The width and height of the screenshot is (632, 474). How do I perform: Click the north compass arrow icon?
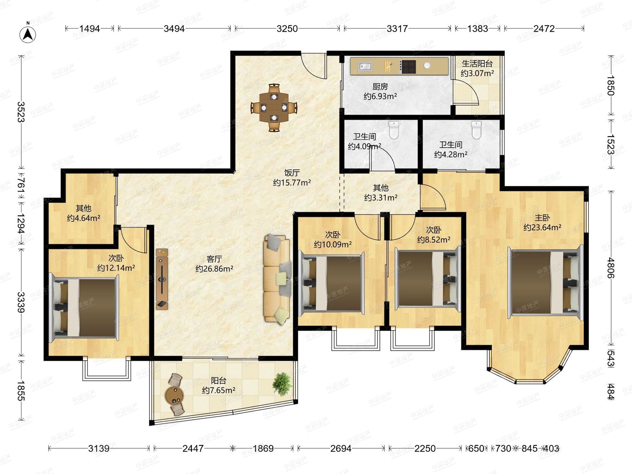28,34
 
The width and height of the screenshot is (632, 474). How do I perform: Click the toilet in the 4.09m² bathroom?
394,130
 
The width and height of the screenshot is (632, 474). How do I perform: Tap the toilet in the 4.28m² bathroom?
476,130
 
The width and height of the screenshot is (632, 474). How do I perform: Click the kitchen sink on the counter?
365,66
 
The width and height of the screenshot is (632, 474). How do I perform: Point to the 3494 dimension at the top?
174,28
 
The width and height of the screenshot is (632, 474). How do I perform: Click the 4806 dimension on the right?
610,268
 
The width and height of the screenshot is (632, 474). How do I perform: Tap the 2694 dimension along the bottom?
341,448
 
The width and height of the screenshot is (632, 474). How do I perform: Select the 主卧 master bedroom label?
542,218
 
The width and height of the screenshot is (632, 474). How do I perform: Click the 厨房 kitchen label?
380,86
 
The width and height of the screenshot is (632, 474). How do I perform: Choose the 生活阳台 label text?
477,63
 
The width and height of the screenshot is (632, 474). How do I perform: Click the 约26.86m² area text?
214,269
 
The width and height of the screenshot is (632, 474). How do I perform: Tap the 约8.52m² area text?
434,239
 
